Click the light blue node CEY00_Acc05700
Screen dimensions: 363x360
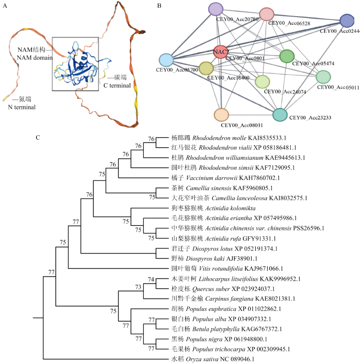[166, 60]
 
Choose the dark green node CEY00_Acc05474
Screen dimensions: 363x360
[287, 56]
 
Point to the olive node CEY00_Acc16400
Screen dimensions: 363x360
[206, 68]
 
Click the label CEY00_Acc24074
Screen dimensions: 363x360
[285, 91]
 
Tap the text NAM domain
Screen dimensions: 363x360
[34, 58]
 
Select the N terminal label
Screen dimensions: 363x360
[22, 107]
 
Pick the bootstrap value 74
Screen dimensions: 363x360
[151, 280]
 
